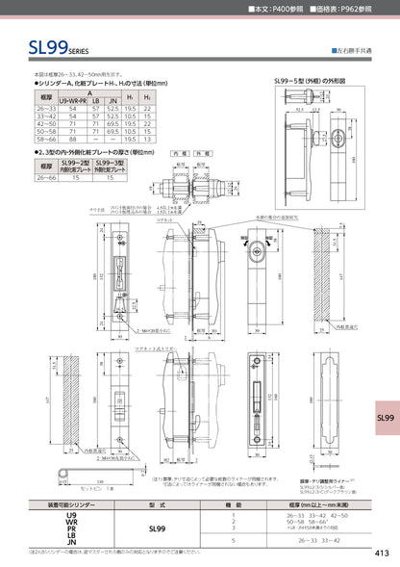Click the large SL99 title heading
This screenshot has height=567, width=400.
(x=37, y=44)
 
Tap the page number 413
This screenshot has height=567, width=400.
(x=381, y=553)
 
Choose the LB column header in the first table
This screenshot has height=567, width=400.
(x=96, y=101)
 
